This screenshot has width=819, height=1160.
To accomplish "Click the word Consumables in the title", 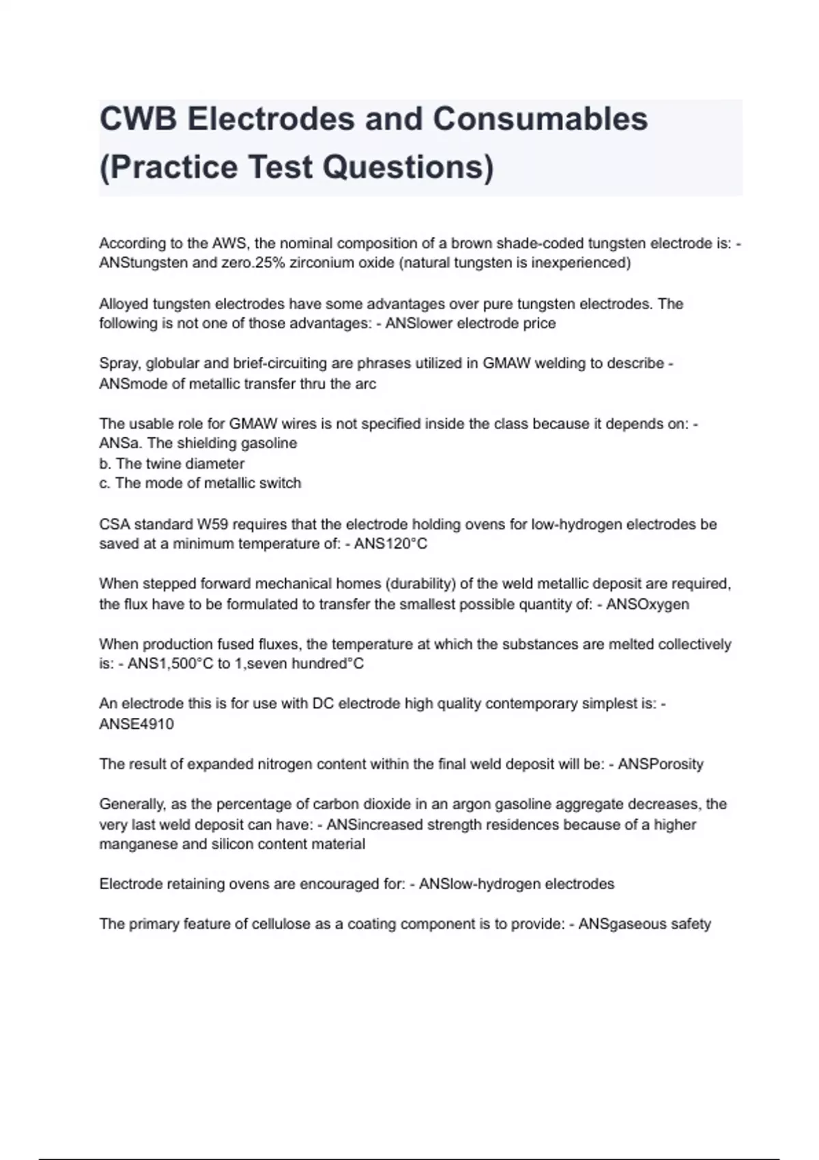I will [540, 119].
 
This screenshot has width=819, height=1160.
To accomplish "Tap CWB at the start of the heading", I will [138, 119].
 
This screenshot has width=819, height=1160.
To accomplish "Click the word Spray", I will [117, 364].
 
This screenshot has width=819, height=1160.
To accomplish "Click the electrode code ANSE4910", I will [136, 725].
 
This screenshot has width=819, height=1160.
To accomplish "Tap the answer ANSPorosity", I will [660, 764].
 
